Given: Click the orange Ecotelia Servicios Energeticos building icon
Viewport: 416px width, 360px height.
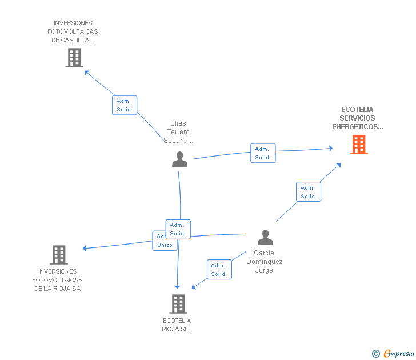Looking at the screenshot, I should coord(359,145).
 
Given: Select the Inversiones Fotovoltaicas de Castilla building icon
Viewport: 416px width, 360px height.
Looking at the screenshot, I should coord(74,58).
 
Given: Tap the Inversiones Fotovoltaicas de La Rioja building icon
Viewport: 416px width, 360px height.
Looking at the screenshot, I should coord(59,255).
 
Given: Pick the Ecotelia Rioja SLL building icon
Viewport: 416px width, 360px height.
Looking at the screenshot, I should coord(178,304).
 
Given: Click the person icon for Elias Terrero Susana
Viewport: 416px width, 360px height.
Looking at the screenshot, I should coord(179,159).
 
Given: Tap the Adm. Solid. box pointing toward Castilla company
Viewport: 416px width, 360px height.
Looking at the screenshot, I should coord(125,105).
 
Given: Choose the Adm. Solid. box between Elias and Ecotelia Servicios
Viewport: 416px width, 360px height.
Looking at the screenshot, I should coord(263,153).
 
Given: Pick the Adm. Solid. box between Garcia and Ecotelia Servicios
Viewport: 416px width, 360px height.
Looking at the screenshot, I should coord(309,192).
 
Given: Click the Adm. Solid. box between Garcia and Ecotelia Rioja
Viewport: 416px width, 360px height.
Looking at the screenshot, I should coord(219,270).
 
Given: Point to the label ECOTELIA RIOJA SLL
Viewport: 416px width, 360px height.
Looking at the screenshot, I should coord(177,325).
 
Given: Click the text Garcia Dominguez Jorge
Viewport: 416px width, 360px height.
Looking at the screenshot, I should coord(264,261).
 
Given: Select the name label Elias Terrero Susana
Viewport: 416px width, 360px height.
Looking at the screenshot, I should coord(178,131).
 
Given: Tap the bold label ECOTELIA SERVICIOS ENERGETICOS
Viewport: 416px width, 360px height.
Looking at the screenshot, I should coord(358,118).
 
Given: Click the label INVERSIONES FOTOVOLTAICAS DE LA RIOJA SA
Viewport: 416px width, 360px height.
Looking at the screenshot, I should coord(57,280).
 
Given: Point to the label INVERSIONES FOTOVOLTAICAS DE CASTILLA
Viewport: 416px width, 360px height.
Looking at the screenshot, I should coord(73,31).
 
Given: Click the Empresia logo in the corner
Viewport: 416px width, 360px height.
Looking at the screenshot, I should coord(399,354).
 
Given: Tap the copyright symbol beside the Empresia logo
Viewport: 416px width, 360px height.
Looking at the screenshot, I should coord(376,354).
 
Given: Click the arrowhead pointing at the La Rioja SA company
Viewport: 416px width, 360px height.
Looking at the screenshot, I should coord(85,248).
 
